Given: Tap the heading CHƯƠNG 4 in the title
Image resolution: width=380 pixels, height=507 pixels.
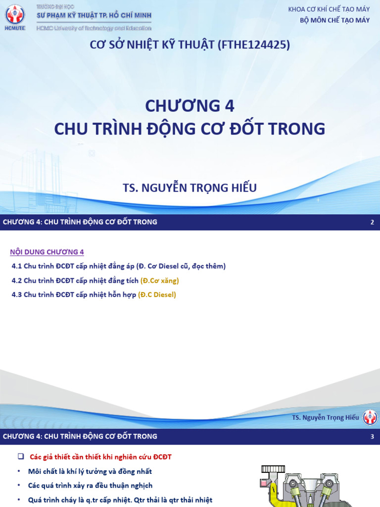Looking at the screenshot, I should tap(190, 105).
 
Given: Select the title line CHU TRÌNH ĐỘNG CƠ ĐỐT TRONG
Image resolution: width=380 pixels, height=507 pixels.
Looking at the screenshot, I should tap(190, 128).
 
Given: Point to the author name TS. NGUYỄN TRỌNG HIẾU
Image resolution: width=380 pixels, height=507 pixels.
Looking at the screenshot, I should tap(190, 188).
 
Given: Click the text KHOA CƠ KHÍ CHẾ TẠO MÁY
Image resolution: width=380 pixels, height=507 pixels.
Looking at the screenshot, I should tap(329, 9).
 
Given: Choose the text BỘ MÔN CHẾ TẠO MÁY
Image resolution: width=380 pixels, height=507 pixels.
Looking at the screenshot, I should tap(335, 20).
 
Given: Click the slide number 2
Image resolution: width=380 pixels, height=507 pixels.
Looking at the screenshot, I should tap(372, 222).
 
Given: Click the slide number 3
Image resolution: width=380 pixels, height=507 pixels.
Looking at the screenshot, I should tap(372, 437).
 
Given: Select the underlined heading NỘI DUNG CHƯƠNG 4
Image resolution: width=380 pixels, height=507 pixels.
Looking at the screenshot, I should tap(47, 252).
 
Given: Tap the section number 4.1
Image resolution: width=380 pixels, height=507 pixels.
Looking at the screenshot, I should tap(17, 266).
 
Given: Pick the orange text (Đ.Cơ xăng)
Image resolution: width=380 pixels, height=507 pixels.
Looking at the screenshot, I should tap(159, 281).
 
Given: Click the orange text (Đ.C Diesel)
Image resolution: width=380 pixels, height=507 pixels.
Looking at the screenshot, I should tap(157, 295).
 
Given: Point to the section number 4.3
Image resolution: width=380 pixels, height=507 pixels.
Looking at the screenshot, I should tap(17, 295).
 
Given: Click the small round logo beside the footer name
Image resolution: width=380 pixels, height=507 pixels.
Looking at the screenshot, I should tap(370, 417).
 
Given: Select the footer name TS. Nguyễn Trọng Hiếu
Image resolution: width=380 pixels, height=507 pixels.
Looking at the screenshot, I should tap(325, 417).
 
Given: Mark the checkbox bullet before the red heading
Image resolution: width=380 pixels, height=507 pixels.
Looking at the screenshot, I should tap(21, 456).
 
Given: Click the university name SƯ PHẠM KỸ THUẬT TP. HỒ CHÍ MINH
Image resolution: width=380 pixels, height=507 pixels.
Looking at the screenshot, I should tap(95, 15).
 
